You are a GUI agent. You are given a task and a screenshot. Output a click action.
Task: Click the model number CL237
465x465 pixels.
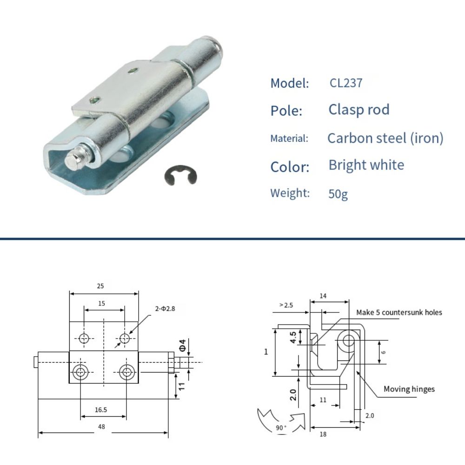click(x=345, y=83)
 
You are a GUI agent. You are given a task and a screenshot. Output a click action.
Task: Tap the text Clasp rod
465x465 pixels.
click(x=359, y=110)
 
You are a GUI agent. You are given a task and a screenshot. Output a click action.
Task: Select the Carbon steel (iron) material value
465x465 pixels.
click(x=385, y=138)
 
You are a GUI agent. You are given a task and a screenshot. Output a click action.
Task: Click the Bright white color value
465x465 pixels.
click(x=366, y=165)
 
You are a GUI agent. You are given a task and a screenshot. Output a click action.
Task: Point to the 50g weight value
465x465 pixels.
click(x=338, y=193)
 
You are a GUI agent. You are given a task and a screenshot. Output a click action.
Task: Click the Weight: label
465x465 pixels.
click(x=290, y=193)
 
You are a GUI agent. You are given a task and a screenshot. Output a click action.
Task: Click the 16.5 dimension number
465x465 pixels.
click(x=100, y=410)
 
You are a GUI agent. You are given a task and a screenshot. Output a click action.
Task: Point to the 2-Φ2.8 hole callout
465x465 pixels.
click(x=165, y=308)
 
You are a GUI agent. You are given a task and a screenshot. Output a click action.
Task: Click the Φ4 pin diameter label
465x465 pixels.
click(x=183, y=345)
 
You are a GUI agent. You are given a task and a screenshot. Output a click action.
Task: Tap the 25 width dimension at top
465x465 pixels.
click(x=100, y=286)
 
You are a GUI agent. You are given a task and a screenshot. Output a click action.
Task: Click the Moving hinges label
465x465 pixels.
click(x=409, y=389)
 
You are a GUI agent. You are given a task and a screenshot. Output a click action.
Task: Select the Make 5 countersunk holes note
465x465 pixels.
click(x=399, y=312)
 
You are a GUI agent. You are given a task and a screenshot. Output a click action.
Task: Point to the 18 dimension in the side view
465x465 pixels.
click(x=323, y=434)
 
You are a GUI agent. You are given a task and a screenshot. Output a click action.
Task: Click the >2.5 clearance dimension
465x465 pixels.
click(x=286, y=305)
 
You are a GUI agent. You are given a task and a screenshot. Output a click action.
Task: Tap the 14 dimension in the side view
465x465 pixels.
click(x=324, y=296)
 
